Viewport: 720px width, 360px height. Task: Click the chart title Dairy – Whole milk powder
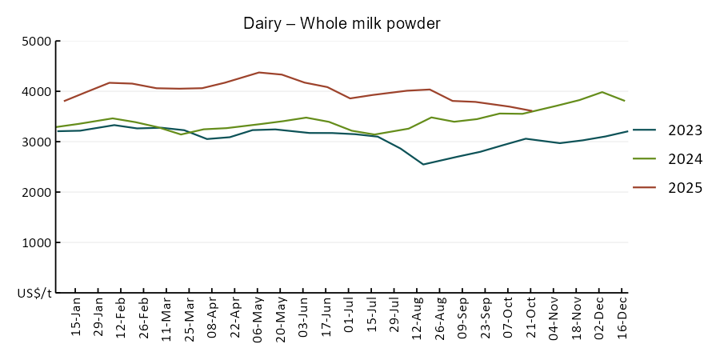click(x=342, y=23)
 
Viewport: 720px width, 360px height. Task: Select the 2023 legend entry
click(x=686, y=130)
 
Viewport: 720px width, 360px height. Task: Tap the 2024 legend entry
click(x=686, y=159)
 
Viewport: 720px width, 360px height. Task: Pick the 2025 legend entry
click(x=686, y=188)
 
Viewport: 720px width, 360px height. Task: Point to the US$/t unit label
click(x=34, y=294)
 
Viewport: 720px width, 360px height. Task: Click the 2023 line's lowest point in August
click(x=423, y=164)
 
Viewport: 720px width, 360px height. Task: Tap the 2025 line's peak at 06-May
click(x=258, y=73)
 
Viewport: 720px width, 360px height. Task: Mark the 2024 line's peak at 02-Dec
click(x=602, y=92)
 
